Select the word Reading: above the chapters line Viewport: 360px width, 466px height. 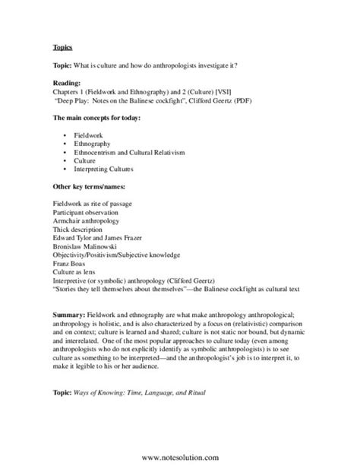coord(68,82)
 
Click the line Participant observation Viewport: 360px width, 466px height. coord(89,212)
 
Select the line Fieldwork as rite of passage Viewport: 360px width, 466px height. coord(96,204)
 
